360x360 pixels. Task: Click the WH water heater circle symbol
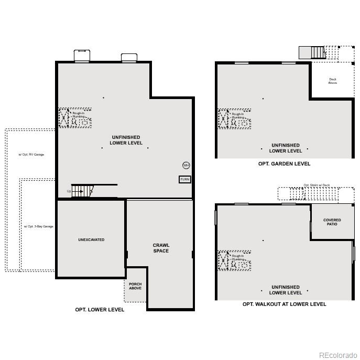click(x=186, y=166)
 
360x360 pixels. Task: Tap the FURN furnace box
click(x=184, y=179)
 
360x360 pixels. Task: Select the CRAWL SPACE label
click(x=161, y=248)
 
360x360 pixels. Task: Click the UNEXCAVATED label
click(x=91, y=240)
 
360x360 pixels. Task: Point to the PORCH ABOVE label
click(x=135, y=286)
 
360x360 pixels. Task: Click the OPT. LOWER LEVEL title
click(x=100, y=310)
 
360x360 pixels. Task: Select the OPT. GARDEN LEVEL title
click(x=284, y=163)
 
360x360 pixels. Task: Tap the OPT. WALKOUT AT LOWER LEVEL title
click(x=284, y=304)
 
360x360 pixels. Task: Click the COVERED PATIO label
click(x=332, y=222)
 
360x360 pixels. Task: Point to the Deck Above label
click(x=332, y=81)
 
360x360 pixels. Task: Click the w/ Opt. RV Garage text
click(x=31, y=155)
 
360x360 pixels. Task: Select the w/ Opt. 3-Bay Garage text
click(x=39, y=226)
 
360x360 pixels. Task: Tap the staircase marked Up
click(x=81, y=191)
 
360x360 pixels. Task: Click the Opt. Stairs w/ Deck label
click(x=317, y=185)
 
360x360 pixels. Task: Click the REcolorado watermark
click(x=338, y=355)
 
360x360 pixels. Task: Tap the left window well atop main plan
click(x=82, y=56)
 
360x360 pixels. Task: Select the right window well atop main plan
click(x=129, y=58)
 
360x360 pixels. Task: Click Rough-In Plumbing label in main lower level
click(x=79, y=115)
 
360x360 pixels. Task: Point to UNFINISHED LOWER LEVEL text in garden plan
click(x=286, y=148)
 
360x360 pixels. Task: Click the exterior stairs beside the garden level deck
click(x=318, y=52)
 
